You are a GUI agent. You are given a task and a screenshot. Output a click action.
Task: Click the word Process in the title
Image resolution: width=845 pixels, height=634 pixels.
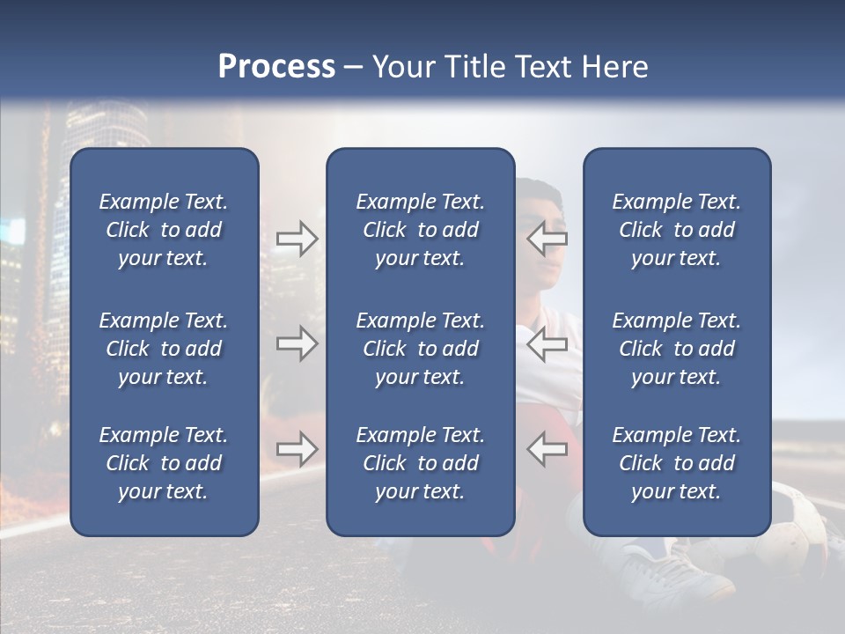276,67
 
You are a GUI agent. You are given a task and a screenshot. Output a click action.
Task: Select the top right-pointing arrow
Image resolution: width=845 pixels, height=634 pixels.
297,239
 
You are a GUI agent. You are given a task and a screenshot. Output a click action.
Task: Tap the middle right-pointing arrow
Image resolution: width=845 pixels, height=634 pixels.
297,343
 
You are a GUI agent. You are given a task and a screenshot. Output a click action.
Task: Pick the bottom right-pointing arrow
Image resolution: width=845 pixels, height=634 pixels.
297,449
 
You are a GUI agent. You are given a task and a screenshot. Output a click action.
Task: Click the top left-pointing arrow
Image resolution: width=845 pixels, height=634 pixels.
547,239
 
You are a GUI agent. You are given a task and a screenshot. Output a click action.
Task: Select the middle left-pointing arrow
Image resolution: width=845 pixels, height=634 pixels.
547,343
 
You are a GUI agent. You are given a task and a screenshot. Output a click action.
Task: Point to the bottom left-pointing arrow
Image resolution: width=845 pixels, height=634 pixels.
547,449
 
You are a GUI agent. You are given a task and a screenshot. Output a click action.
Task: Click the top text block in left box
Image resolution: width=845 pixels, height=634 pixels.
164,230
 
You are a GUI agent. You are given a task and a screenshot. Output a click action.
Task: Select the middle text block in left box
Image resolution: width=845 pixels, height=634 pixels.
164,349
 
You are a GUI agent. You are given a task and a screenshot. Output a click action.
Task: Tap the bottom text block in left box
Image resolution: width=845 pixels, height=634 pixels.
164,463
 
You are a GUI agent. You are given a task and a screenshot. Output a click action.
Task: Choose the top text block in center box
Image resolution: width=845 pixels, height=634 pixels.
420,230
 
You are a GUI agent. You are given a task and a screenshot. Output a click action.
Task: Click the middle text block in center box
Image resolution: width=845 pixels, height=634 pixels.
420,349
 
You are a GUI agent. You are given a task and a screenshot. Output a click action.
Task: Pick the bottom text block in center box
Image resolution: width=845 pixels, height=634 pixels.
420,463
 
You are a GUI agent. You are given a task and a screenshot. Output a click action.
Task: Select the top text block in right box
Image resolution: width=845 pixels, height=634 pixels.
676,230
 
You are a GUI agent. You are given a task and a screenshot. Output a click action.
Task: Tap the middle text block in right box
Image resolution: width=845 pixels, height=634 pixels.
676,349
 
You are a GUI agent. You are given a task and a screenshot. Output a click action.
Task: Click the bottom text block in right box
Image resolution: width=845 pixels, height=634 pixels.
676,463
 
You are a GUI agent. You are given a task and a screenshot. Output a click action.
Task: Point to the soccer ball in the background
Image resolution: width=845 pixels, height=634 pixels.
805,524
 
